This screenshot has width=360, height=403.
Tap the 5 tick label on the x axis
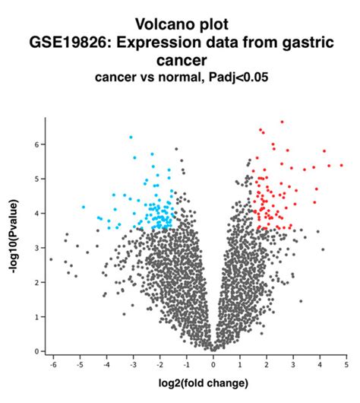346,365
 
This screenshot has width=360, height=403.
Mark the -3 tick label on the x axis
132,365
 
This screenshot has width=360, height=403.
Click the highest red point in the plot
282,122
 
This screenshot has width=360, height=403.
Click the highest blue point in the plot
131,137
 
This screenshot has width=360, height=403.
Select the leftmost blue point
83,207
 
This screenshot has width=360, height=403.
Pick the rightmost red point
341,165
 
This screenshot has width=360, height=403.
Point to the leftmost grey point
51,259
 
